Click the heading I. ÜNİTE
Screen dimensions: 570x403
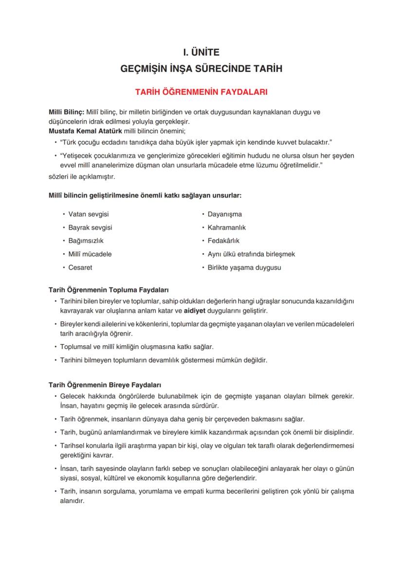pyautogui.click(x=201, y=52)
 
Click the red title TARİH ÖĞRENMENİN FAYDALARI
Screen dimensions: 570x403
pyautogui.click(x=201, y=91)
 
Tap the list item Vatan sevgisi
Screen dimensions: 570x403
pyautogui.click(x=88, y=214)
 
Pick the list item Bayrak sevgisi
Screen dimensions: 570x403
pyautogui.click(x=90, y=227)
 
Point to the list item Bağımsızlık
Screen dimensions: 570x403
pyautogui.click(x=86, y=240)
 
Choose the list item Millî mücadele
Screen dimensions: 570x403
pyautogui.click(x=90, y=254)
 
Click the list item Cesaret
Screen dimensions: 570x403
pyautogui.click(x=80, y=267)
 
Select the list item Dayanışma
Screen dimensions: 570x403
pyautogui.click(x=224, y=214)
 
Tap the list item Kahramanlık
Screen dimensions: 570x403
pyautogui.click(x=227, y=227)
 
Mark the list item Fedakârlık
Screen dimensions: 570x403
pyautogui.click(x=223, y=240)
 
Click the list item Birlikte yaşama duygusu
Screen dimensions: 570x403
pyautogui.click(x=244, y=267)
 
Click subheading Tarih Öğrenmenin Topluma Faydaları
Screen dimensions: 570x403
pyautogui.click(x=109, y=290)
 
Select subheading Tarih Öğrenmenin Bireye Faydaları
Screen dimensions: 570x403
pyautogui.click(x=105, y=385)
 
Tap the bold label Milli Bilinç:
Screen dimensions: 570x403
pyautogui.click(x=67, y=112)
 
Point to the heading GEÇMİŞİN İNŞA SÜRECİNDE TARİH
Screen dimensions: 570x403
pyautogui.click(x=201, y=69)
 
